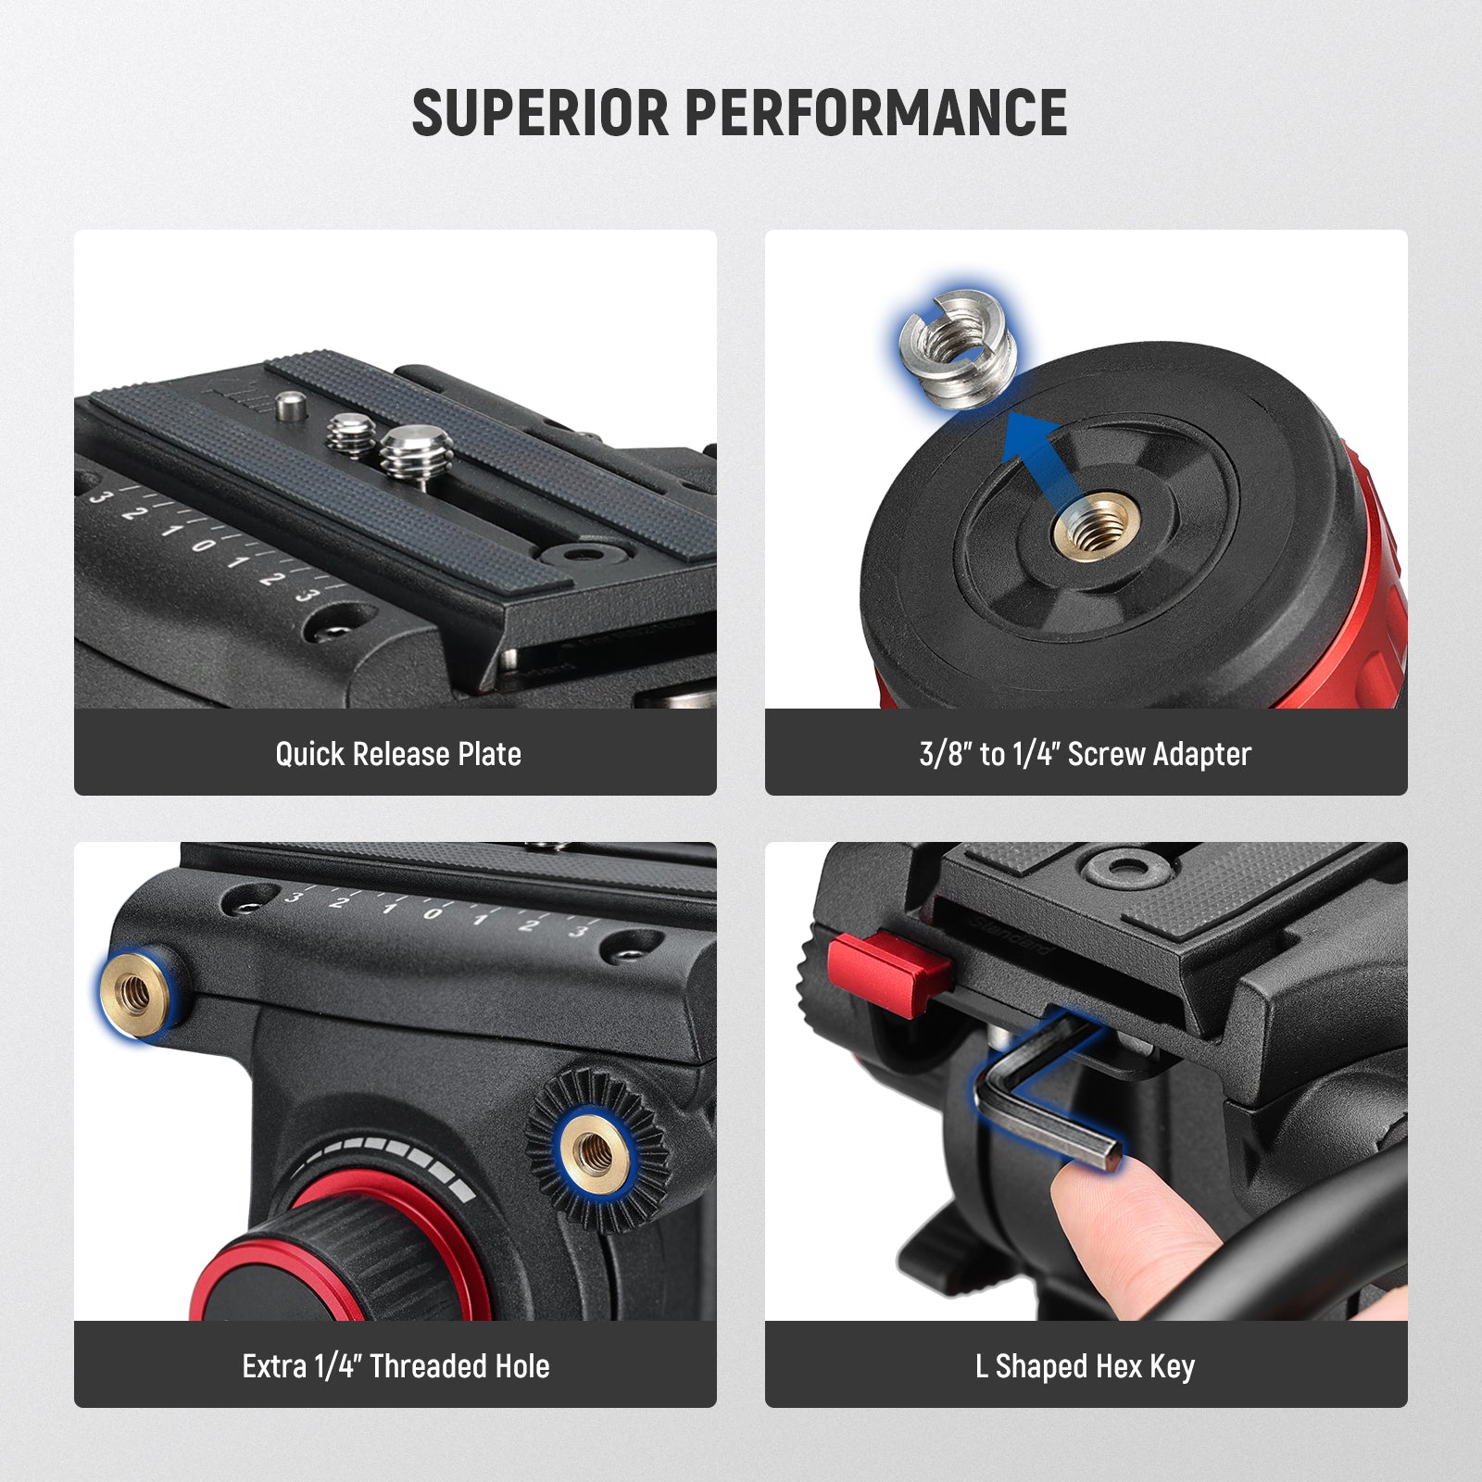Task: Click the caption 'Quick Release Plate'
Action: (397, 754)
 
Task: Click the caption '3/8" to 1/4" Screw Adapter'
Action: (1085, 754)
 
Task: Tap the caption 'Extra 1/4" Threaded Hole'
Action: (396, 1366)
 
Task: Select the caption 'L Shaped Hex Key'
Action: (1085, 1366)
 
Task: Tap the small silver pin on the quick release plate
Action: (291, 404)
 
